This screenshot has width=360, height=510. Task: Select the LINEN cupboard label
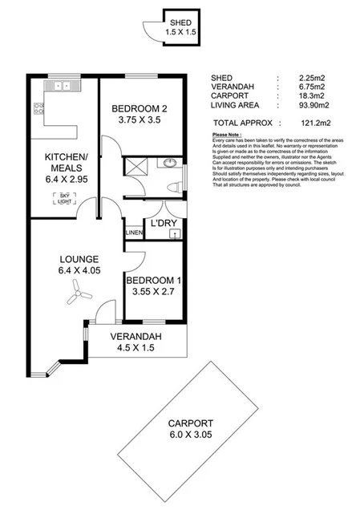[x=133, y=233]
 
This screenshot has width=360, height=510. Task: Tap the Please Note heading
[x=226, y=134]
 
